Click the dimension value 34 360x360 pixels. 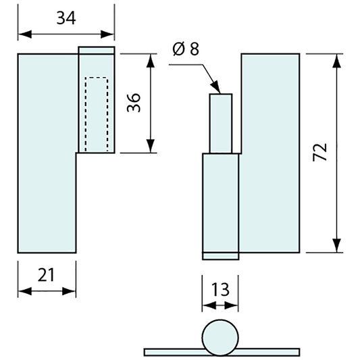pyautogui.click(x=66, y=18)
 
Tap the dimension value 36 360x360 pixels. pyautogui.click(x=134, y=103)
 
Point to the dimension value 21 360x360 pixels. pyautogui.click(x=45, y=274)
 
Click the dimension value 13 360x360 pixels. pyautogui.click(x=220, y=290)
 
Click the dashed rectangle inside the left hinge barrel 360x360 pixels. pyautogui.click(x=96, y=114)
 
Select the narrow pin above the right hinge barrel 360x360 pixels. pyautogui.click(x=221, y=124)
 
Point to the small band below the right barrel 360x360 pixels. pyautogui.click(x=221, y=255)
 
